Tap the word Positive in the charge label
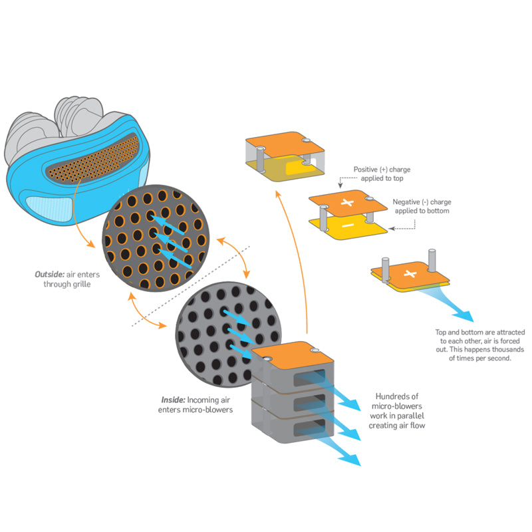click(364, 168)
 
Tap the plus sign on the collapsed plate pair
click(410, 274)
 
